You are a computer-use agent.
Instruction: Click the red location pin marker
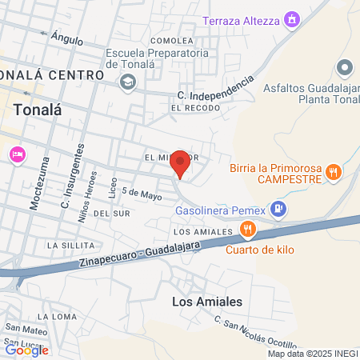coord(181,162)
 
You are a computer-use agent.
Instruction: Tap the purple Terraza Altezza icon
coord(294,18)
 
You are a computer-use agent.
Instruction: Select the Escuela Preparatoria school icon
coord(127,82)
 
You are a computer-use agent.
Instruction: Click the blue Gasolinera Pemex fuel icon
coord(278,210)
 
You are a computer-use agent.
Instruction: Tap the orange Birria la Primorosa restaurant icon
coord(336,170)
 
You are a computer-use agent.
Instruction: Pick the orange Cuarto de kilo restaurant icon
coord(249,231)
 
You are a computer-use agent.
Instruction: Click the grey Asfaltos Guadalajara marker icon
coord(345,66)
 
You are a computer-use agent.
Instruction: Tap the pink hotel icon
coord(15,154)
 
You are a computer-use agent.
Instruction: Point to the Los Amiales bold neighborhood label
coord(207,302)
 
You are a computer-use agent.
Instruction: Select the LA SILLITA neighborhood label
coord(70,244)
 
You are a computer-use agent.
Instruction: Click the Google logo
coord(26,350)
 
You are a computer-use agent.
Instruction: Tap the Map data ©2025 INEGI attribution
coord(312,354)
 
